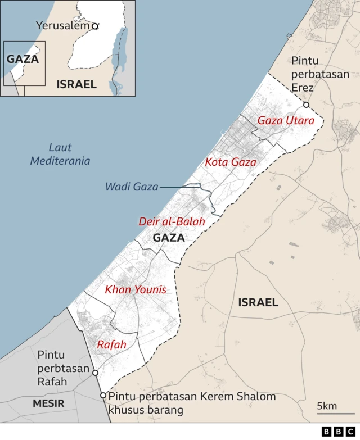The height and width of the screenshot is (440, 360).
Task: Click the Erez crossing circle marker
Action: tap(306, 105)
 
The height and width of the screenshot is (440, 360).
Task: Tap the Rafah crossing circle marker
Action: tap(95, 373)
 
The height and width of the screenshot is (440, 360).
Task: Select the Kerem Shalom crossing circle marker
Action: tap(103, 396)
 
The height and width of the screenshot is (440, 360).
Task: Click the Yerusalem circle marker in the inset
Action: tap(95, 26)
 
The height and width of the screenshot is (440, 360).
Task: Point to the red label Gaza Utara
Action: tap(286, 120)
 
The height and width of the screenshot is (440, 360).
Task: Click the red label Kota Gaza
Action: tap(231, 162)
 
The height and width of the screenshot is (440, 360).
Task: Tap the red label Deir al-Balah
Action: tap(172, 221)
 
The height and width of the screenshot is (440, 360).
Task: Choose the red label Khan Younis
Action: tap(136, 290)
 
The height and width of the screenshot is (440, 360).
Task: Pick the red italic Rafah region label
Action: tap(111, 344)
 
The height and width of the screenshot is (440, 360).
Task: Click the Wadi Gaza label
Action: tap(132, 187)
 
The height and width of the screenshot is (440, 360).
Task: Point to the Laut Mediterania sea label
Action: tap(60, 155)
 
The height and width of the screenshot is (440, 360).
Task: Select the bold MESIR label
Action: tap(48, 403)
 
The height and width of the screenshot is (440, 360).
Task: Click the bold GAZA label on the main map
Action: tap(169, 238)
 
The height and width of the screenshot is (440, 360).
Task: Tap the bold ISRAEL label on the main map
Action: tap(258, 302)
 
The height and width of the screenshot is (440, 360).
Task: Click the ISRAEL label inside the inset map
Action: tap(76, 84)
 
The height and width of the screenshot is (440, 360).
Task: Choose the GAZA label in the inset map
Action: tap(22, 59)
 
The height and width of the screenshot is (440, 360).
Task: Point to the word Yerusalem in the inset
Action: tap(62, 26)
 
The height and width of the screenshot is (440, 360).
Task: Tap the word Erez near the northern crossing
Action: tap(302, 88)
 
